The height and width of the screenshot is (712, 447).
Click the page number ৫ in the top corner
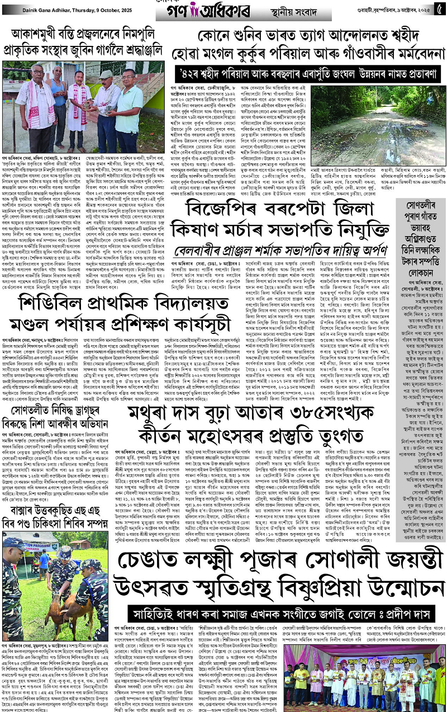click(438, 9)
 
